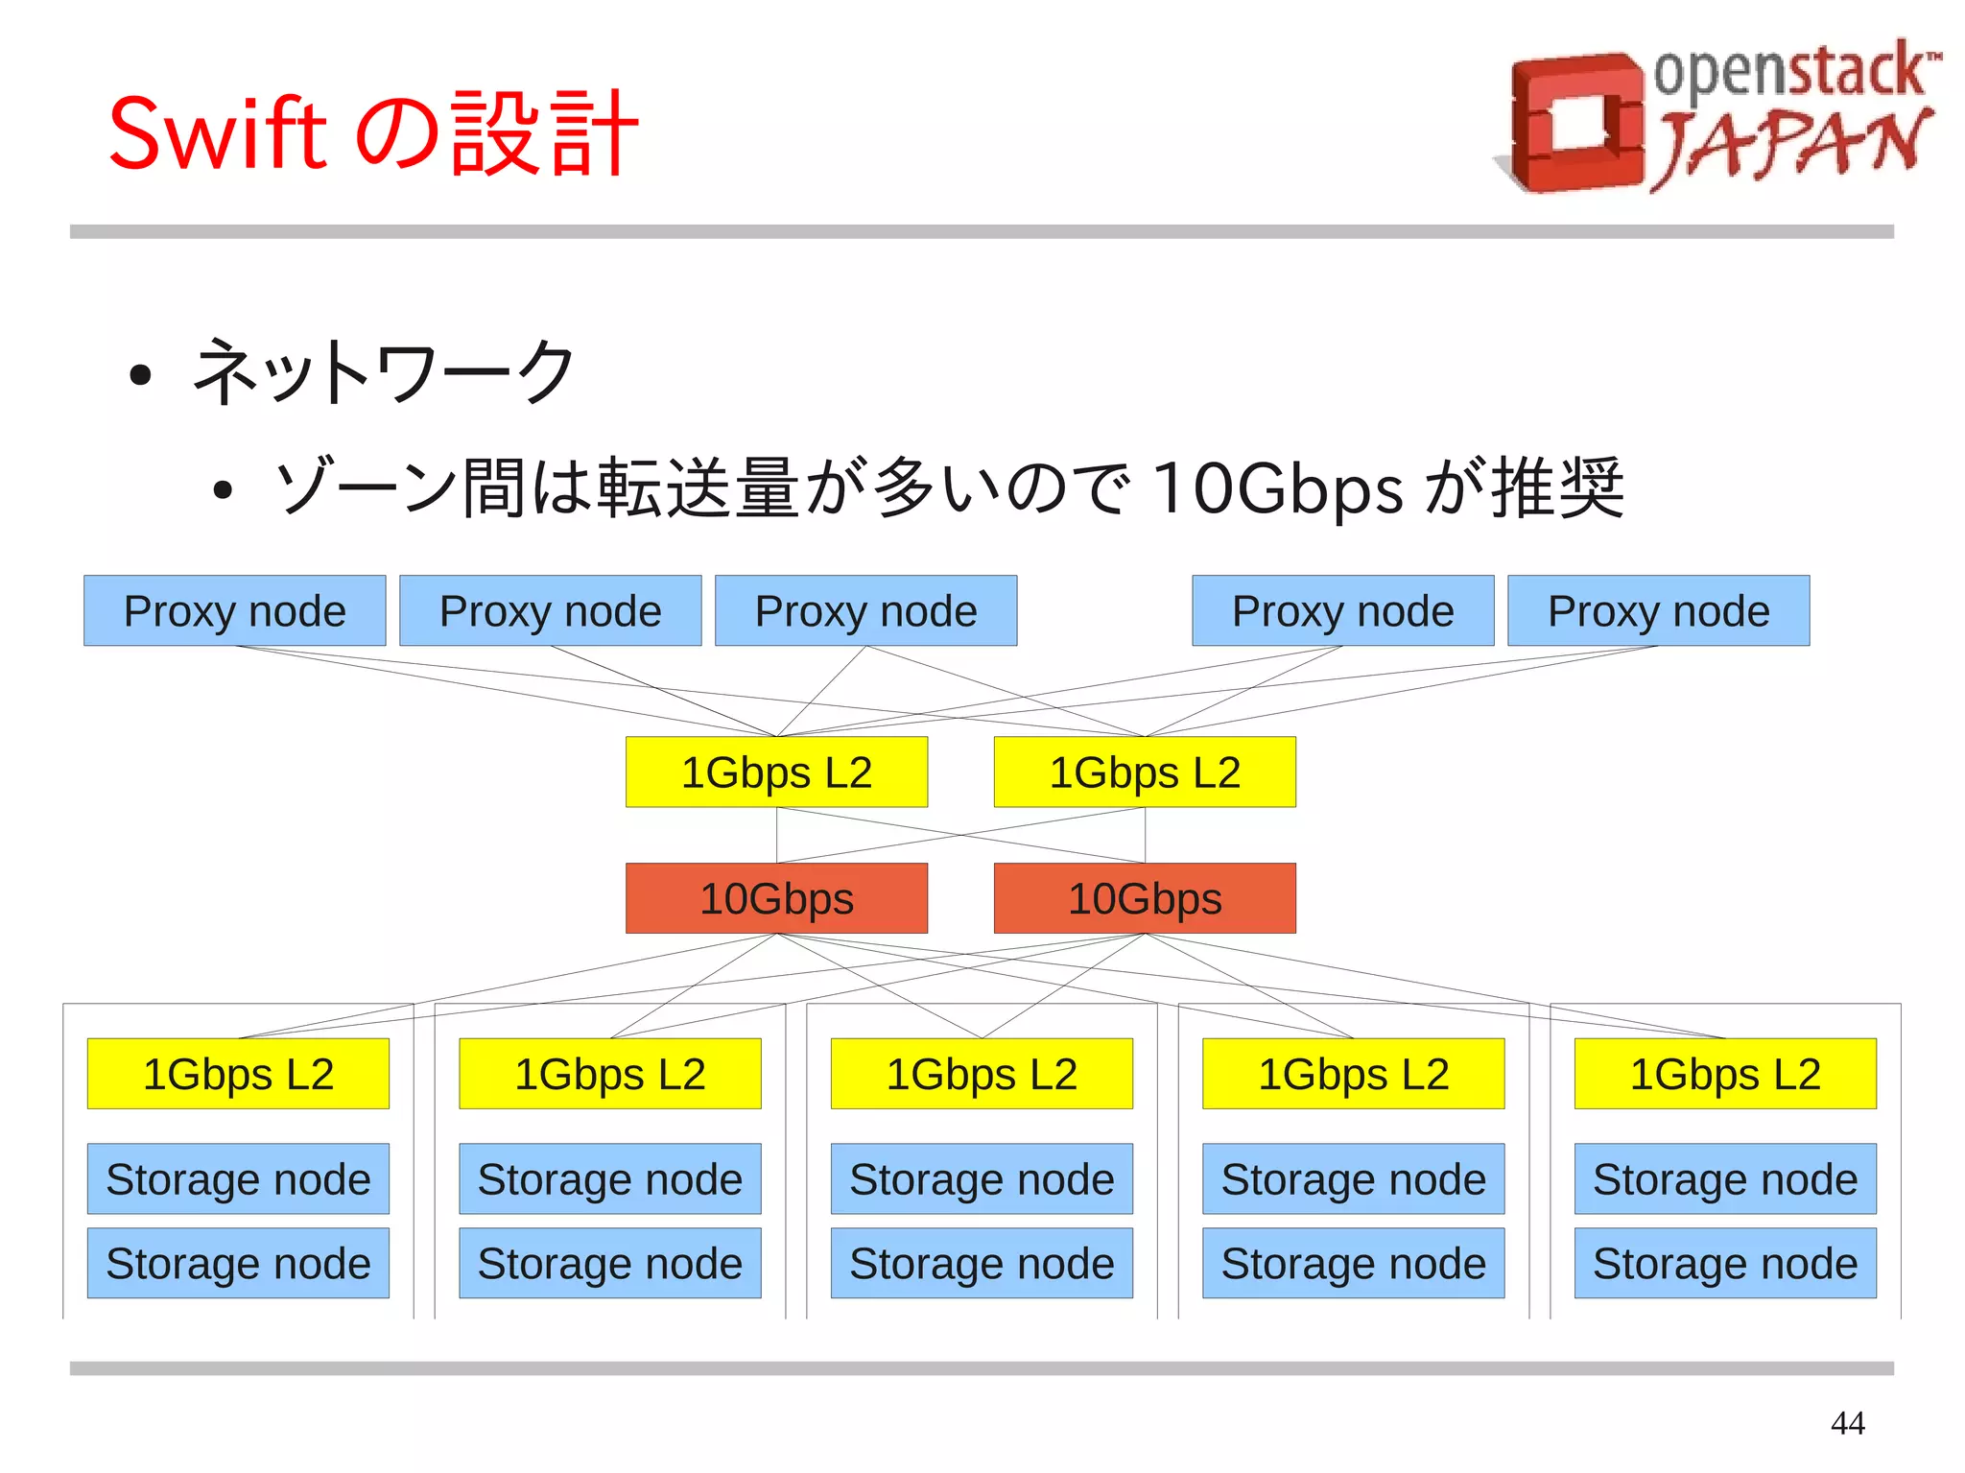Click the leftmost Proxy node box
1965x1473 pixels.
coord(234,611)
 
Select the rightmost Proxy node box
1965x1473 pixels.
coord(1658,611)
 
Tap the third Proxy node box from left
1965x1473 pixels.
coord(865,611)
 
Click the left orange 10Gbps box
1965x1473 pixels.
coord(776,898)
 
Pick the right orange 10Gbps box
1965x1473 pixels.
coord(1145,898)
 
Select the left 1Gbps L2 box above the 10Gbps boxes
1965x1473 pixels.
coord(776,772)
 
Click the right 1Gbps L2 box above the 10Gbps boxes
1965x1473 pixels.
coord(1145,772)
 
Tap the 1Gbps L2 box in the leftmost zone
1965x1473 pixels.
coord(238,1074)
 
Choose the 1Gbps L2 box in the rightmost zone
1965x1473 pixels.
coord(1724,1074)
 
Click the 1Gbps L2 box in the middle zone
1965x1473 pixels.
coord(982,1074)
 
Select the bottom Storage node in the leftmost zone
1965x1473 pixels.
coord(238,1263)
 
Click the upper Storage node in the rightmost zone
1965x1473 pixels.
coord(1724,1178)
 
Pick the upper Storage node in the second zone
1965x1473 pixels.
coord(609,1178)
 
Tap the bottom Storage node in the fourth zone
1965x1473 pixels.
coord(1353,1263)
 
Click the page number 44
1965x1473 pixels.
coord(1847,1422)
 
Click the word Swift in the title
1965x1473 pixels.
coord(218,133)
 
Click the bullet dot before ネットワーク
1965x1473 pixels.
coord(140,375)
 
